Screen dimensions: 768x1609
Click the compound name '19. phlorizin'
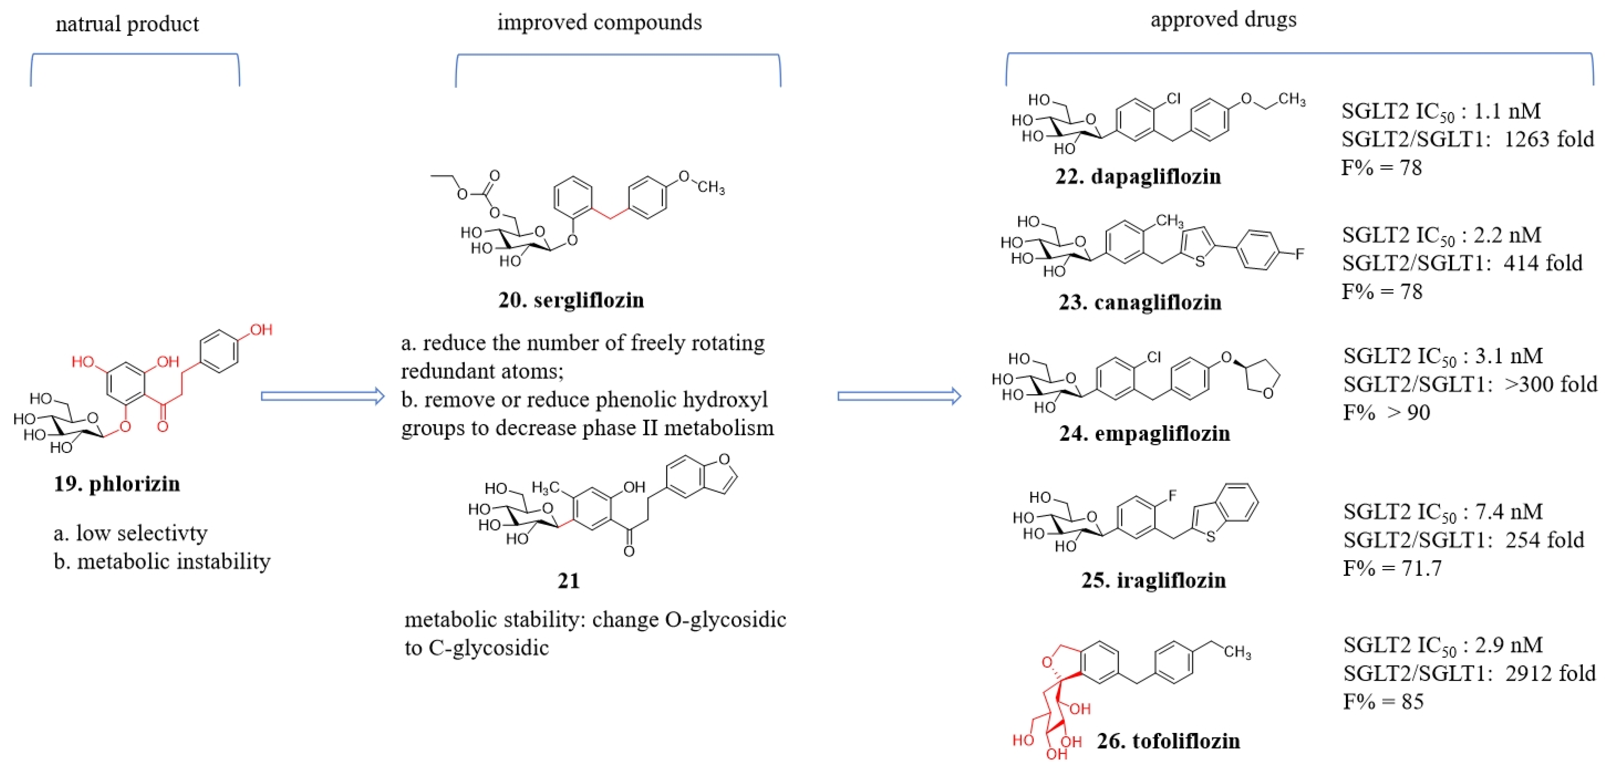pos(117,484)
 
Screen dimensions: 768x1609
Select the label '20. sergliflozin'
pos(571,300)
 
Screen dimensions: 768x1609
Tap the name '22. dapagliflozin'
pos(1138,177)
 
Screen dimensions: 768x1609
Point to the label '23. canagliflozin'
pos(1140,303)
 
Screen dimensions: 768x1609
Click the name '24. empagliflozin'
pos(1144,433)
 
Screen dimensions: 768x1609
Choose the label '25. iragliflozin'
pos(1154,581)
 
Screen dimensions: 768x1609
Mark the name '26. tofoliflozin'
pos(1168,741)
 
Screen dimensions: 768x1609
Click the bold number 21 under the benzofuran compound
pos(568,581)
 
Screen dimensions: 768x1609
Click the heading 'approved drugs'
pos(1223,20)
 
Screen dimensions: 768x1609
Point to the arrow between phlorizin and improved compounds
pos(322,396)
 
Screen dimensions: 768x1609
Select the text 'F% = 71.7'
pos(1392,569)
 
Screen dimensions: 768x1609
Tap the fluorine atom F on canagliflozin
pos(1300,254)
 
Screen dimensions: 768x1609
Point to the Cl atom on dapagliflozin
pos(1173,98)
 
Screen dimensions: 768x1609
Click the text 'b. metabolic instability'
pos(162,562)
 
